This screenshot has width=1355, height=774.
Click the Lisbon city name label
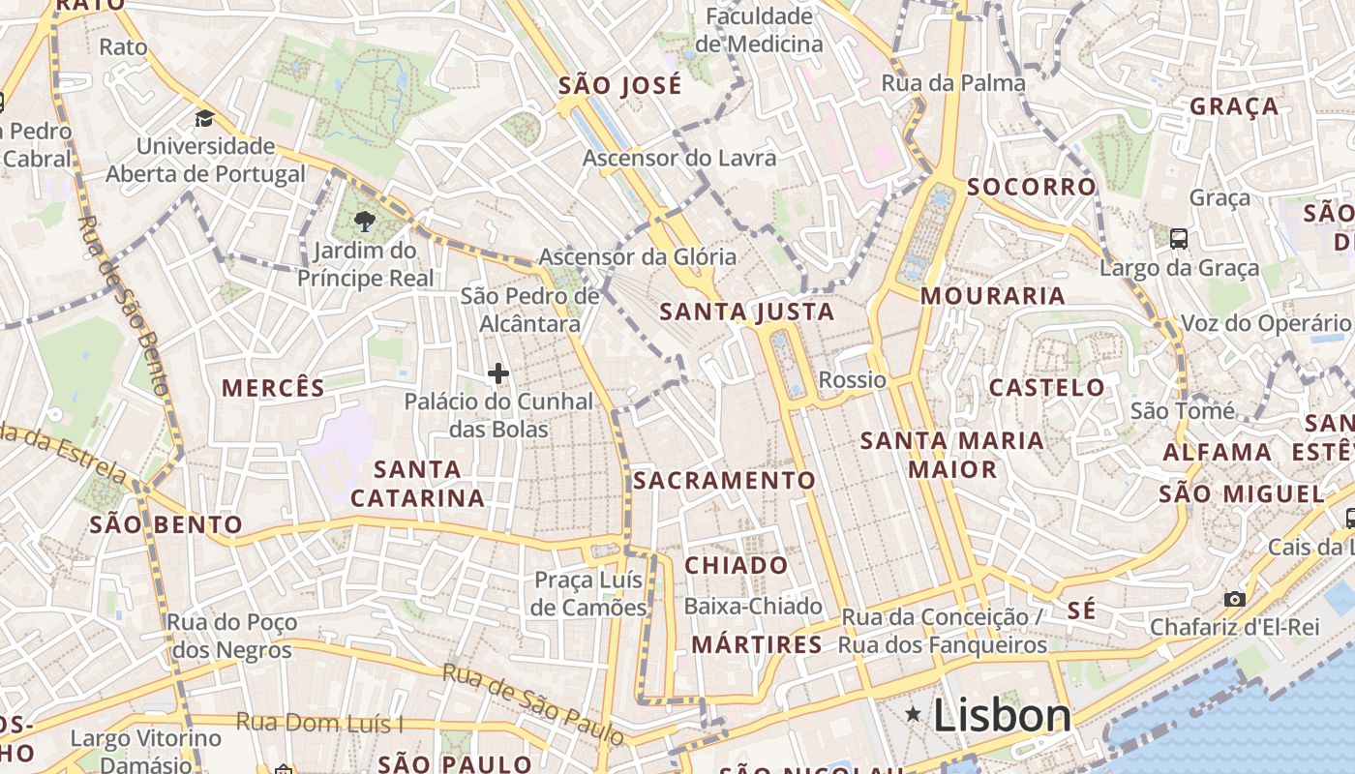pyautogui.click(x=1002, y=716)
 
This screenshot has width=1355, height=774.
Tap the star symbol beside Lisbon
pyautogui.click(x=913, y=714)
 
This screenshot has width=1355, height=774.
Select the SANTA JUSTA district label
pyautogui.click(x=746, y=312)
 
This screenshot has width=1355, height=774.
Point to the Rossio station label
pyautogui.click(x=852, y=379)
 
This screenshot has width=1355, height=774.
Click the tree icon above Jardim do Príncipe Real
pyautogui.click(x=365, y=222)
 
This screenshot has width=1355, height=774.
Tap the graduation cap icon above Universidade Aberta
pyautogui.click(x=204, y=119)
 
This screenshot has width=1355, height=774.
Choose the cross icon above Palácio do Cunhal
pyautogui.click(x=498, y=373)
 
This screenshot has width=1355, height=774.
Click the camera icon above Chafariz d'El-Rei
pyautogui.click(x=1234, y=599)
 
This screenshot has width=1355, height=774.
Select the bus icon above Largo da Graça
pyautogui.click(x=1178, y=238)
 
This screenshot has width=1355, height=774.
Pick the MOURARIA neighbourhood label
pyautogui.click(x=992, y=296)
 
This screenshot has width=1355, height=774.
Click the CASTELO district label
pyautogui.click(x=1046, y=388)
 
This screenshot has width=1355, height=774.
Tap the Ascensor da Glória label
pyautogui.click(x=637, y=257)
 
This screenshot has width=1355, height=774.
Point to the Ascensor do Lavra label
pyautogui.click(x=678, y=158)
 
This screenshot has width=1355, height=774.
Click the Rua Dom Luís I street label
pyautogui.click(x=320, y=723)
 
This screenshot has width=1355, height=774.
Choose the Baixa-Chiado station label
pyautogui.click(x=753, y=607)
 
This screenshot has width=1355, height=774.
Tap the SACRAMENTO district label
pyautogui.click(x=725, y=480)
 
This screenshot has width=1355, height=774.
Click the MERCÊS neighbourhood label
pyautogui.click(x=273, y=388)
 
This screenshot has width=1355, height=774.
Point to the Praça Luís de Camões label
pyautogui.click(x=589, y=593)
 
